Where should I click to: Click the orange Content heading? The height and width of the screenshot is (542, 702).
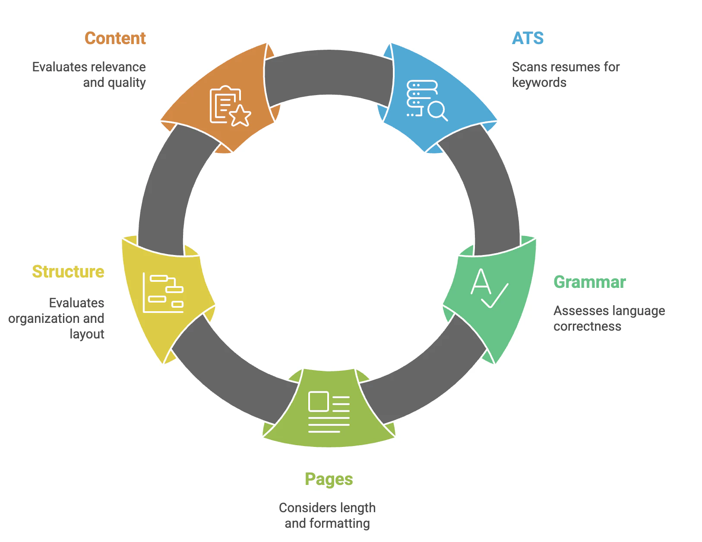click(115, 38)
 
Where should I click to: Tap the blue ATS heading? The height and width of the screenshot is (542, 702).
click(528, 38)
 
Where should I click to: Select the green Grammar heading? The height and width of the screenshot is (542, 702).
click(590, 282)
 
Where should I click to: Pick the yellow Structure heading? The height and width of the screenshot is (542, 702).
click(68, 271)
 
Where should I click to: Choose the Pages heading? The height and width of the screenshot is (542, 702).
click(329, 480)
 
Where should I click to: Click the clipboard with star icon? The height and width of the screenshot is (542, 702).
click(230, 105)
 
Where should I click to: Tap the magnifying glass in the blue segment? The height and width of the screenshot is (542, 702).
click(437, 111)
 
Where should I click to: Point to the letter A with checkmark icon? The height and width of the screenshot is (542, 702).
click(489, 288)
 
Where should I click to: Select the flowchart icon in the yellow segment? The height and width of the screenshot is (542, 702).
click(163, 293)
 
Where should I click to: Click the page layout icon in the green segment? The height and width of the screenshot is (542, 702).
click(329, 411)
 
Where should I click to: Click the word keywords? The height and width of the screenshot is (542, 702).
click(539, 83)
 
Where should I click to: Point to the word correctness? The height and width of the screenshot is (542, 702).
click(587, 327)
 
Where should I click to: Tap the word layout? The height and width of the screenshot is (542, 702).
click(87, 335)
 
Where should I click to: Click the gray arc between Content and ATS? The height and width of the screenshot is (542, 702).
click(329, 73)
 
